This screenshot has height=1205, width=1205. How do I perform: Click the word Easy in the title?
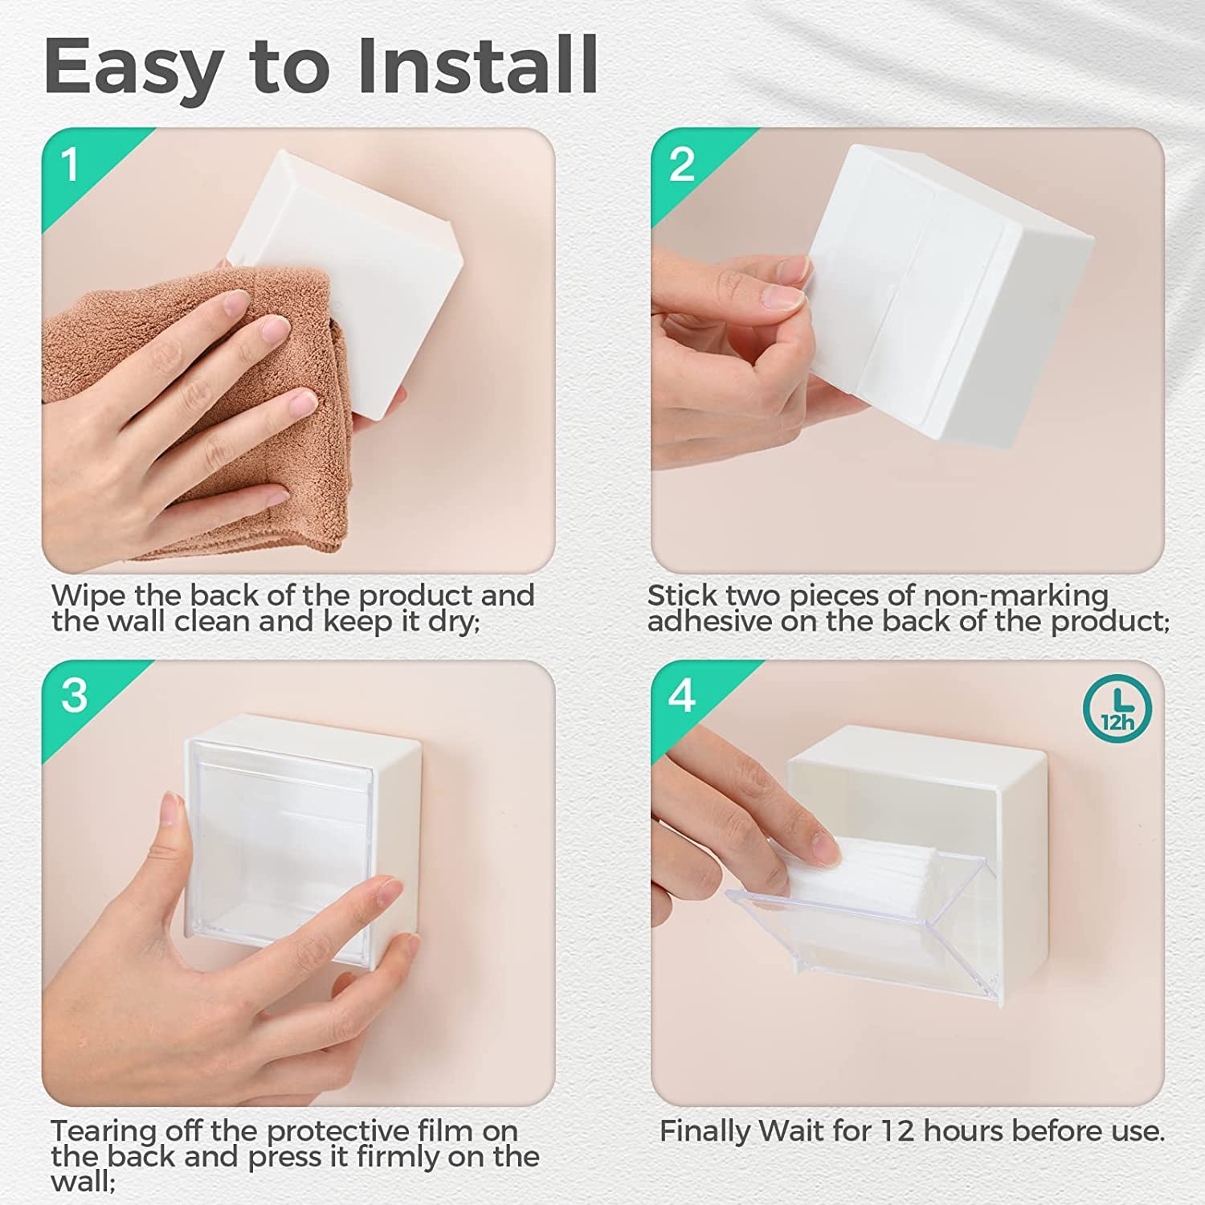pyautogui.click(x=133, y=66)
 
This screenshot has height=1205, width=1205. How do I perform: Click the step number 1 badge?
pyautogui.click(x=71, y=165)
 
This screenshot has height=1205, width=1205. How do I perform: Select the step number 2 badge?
pyautogui.click(x=681, y=165)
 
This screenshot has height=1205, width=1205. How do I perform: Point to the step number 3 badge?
pyautogui.click(x=74, y=695)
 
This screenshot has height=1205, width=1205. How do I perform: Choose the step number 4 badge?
pyautogui.click(x=681, y=695)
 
